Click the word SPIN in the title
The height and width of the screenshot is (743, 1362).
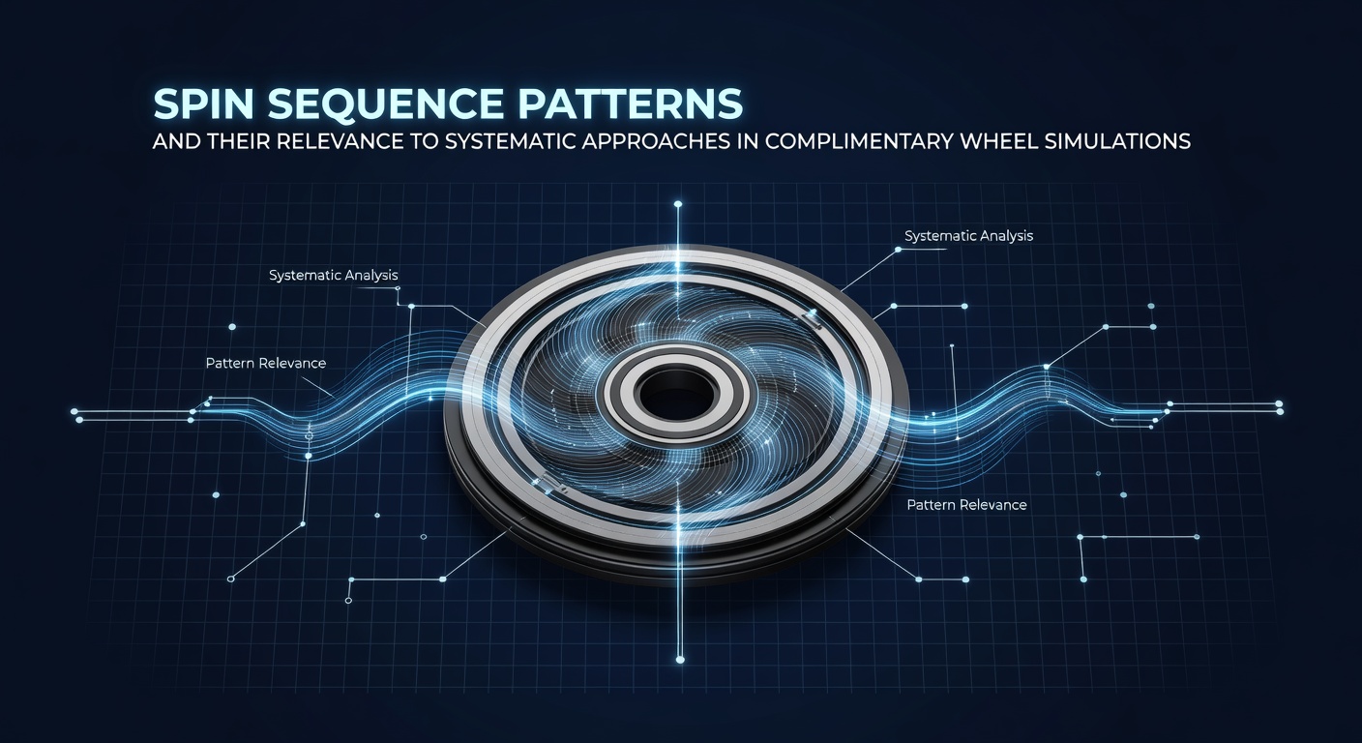203,104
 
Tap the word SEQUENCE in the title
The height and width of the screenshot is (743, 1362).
385,104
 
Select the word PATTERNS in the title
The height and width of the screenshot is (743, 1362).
630,104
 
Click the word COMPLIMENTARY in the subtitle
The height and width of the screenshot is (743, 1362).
859,141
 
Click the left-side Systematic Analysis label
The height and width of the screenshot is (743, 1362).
333,276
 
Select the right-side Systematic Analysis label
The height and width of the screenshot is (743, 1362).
968,236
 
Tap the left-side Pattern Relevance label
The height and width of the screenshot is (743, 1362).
266,363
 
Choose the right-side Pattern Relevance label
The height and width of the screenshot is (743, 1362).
966,505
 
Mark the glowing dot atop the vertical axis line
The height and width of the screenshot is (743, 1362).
678,204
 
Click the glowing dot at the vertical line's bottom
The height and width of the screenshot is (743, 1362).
680,660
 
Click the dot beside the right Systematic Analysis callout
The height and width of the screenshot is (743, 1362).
898,250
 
